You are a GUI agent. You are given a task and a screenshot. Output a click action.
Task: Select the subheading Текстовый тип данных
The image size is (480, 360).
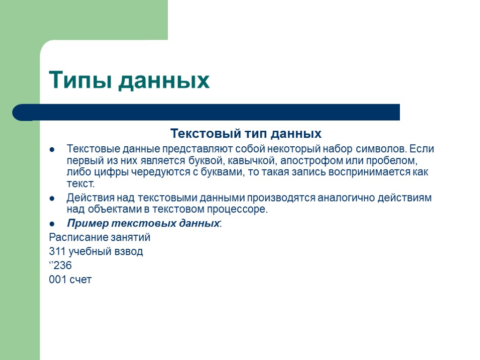[x=246, y=134]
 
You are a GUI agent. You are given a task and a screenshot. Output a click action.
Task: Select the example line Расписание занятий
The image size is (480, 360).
[x=99, y=237]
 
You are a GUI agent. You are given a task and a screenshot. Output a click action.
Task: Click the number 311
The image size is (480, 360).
[x=57, y=252]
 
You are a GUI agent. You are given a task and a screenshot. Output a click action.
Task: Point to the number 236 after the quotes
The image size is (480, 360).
[x=63, y=266]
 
